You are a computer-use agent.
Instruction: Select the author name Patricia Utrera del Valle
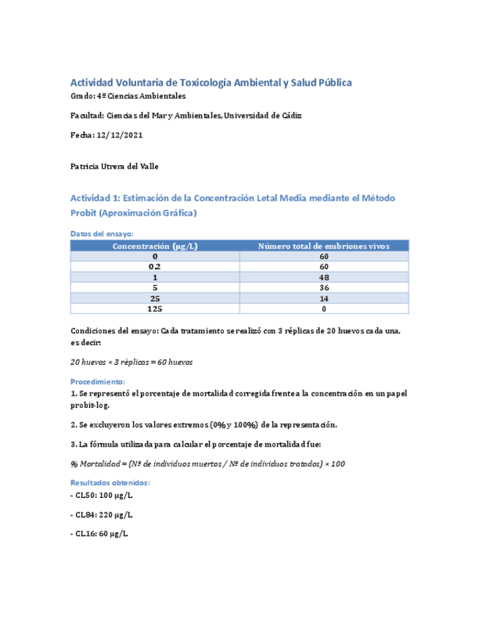click(x=113, y=167)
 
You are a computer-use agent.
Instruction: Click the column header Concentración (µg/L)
click(x=154, y=246)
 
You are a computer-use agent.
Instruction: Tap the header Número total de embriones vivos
click(x=324, y=246)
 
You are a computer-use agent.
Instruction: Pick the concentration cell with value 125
click(x=154, y=309)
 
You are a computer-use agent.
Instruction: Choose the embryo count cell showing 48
click(x=324, y=278)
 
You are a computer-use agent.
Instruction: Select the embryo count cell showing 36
click(x=324, y=288)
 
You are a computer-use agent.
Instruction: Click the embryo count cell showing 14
click(x=324, y=299)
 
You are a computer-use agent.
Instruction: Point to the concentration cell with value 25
click(x=154, y=299)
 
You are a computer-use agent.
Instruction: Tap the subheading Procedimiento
click(x=97, y=382)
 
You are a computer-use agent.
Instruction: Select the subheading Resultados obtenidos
click(x=110, y=483)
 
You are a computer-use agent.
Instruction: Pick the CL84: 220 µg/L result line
click(x=102, y=515)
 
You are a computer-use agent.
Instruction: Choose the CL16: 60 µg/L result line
click(x=99, y=534)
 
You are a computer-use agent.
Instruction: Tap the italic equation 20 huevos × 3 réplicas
click(x=132, y=363)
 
